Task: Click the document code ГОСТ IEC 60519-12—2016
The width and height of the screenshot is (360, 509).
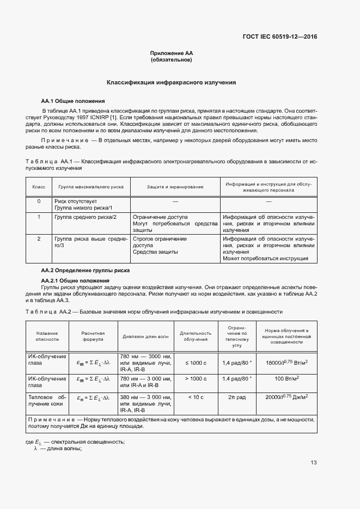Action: pos(279,37)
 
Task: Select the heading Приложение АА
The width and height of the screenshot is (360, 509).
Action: pos(172,53)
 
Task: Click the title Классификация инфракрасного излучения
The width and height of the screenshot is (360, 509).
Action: pos(172,83)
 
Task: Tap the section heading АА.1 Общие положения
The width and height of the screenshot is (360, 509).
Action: pos(73,101)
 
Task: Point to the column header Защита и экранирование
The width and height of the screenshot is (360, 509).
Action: pos(175,187)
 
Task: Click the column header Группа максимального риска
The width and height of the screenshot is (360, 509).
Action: pos(91,187)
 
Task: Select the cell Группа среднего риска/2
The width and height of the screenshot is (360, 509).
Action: pos(86,217)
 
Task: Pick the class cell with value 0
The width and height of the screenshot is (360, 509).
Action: pos(39,201)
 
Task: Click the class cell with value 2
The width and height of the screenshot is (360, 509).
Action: pos(39,239)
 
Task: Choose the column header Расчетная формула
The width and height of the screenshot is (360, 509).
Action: pos(93,336)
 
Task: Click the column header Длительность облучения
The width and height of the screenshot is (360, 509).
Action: pos(196,336)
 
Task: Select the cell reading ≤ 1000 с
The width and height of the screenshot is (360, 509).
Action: pos(196,362)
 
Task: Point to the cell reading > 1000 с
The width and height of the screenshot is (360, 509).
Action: pos(196,378)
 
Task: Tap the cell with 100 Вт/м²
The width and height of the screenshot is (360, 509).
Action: pos(286,378)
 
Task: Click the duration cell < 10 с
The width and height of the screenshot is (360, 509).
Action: pos(196,397)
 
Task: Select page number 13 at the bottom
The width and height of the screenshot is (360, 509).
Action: pos(313,463)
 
